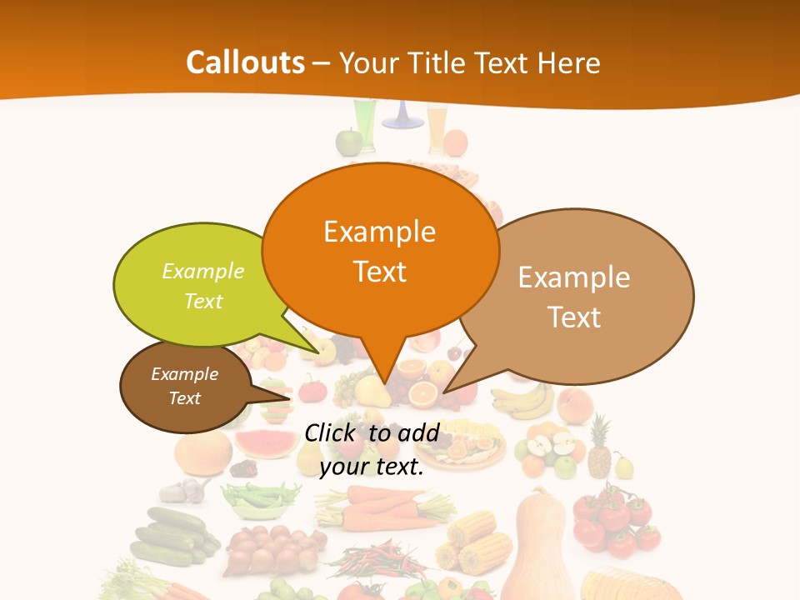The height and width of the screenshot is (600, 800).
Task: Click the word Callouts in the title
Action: tap(245, 62)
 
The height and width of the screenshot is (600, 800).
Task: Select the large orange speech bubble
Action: tap(380, 250)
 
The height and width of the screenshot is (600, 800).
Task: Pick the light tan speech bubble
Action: tap(583, 296)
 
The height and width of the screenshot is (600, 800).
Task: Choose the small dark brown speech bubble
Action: tap(185, 386)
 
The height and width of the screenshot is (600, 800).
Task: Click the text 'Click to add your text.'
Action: tap(372, 450)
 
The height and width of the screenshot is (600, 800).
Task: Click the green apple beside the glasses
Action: tap(347, 142)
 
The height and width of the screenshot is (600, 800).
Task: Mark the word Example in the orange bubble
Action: tap(379, 232)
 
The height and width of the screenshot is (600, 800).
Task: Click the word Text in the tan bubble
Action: tap(574, 317)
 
